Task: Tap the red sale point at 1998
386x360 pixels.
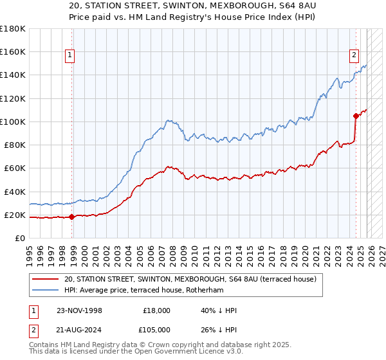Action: click(x=71, y=217)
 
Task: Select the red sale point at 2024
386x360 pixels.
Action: click(x=356, y=116)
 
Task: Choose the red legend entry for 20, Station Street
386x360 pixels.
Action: click(x=190, y=280)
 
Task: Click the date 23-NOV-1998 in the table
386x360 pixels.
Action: click(x=80, y=310)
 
